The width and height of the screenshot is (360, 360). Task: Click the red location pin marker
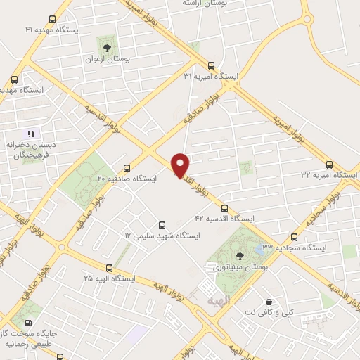pyautogui.click(x=181, y=165)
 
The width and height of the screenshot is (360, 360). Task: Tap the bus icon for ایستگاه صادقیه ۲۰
pyautogui.click(x=127, y=168)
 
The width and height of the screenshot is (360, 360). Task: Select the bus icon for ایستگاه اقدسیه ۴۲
pyautogui.click(x=225, y=208)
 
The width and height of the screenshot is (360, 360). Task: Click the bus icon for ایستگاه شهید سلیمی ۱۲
pyautogui.click(x=162, y=226)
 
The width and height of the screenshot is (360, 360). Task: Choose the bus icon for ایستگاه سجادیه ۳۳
pyautogui.click(x=294, y=237)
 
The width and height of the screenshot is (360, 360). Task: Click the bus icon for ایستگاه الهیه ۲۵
pyautogui.click(x=109, y=268)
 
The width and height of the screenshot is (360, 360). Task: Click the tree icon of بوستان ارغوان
pyautogui.click(x=107, y=48)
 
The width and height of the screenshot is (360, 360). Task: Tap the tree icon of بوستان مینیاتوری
pyautogui.click(x=240, y=256)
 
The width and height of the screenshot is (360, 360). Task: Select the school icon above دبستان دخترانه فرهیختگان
pyautogui.click(x=30, y=133)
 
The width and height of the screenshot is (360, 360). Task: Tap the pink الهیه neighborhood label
pyautogui.click(x=219, y=300)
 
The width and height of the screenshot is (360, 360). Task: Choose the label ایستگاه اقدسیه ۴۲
pyautogui.click(x=224, y=219)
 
